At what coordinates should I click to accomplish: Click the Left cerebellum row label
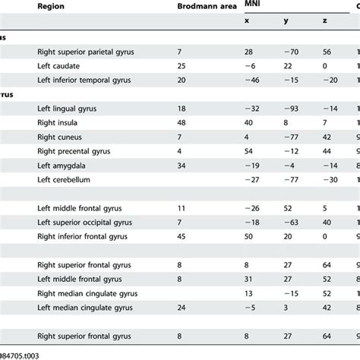(68, 179)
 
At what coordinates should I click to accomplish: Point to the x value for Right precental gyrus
(248, 151)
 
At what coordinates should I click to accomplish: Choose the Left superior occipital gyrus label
(86, 222)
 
